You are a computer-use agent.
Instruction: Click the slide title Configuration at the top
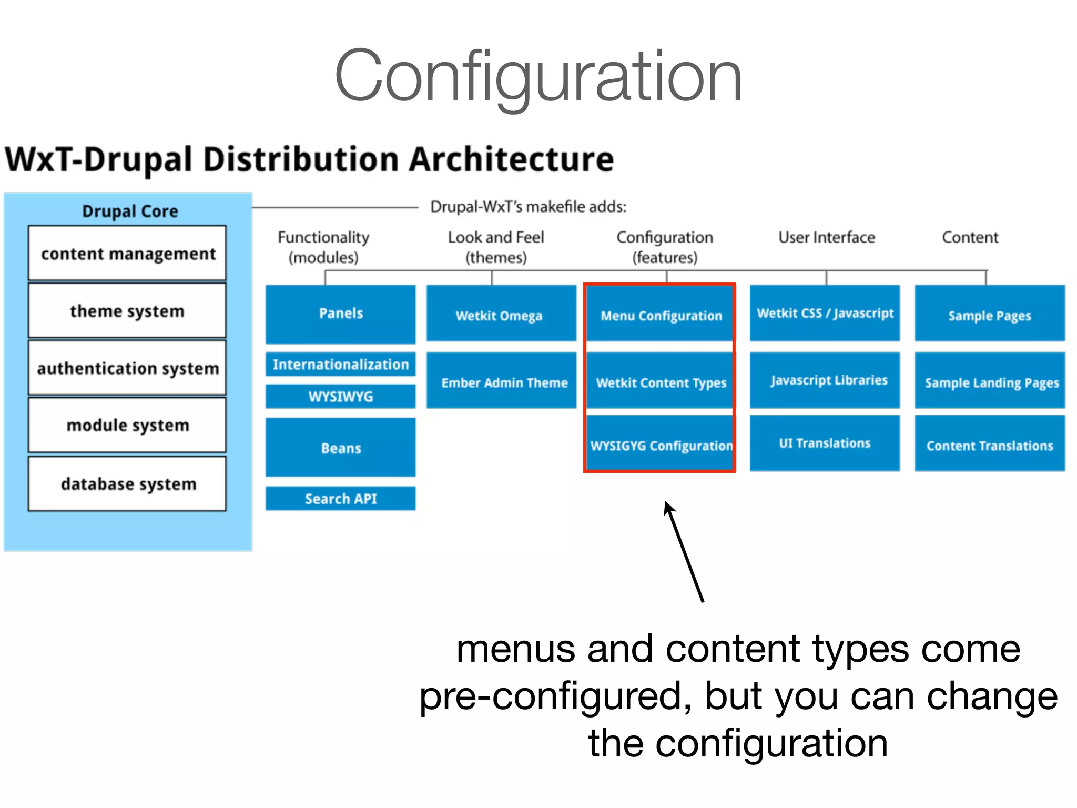[x=538, y=76]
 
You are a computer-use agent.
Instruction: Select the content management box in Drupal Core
[x=127, y=253]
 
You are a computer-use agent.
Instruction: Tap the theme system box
[x=127, y=310]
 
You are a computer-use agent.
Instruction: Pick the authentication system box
[x=127, y=368]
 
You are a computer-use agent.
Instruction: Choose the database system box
[x=127, y=483]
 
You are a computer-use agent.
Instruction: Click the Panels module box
[x=340, y=314]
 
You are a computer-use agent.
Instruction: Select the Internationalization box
[x=340, y=364]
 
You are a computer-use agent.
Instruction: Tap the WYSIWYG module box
[x=340, y=396]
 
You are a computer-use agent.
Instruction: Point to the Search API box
[x=340, y=498]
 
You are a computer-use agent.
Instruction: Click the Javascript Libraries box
[x=825, y=380]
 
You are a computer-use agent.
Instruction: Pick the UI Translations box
[x=825, y=443]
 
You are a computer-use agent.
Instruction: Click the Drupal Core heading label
[x=130, y=211]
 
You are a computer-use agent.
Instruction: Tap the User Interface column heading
[x=826, y=238]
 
